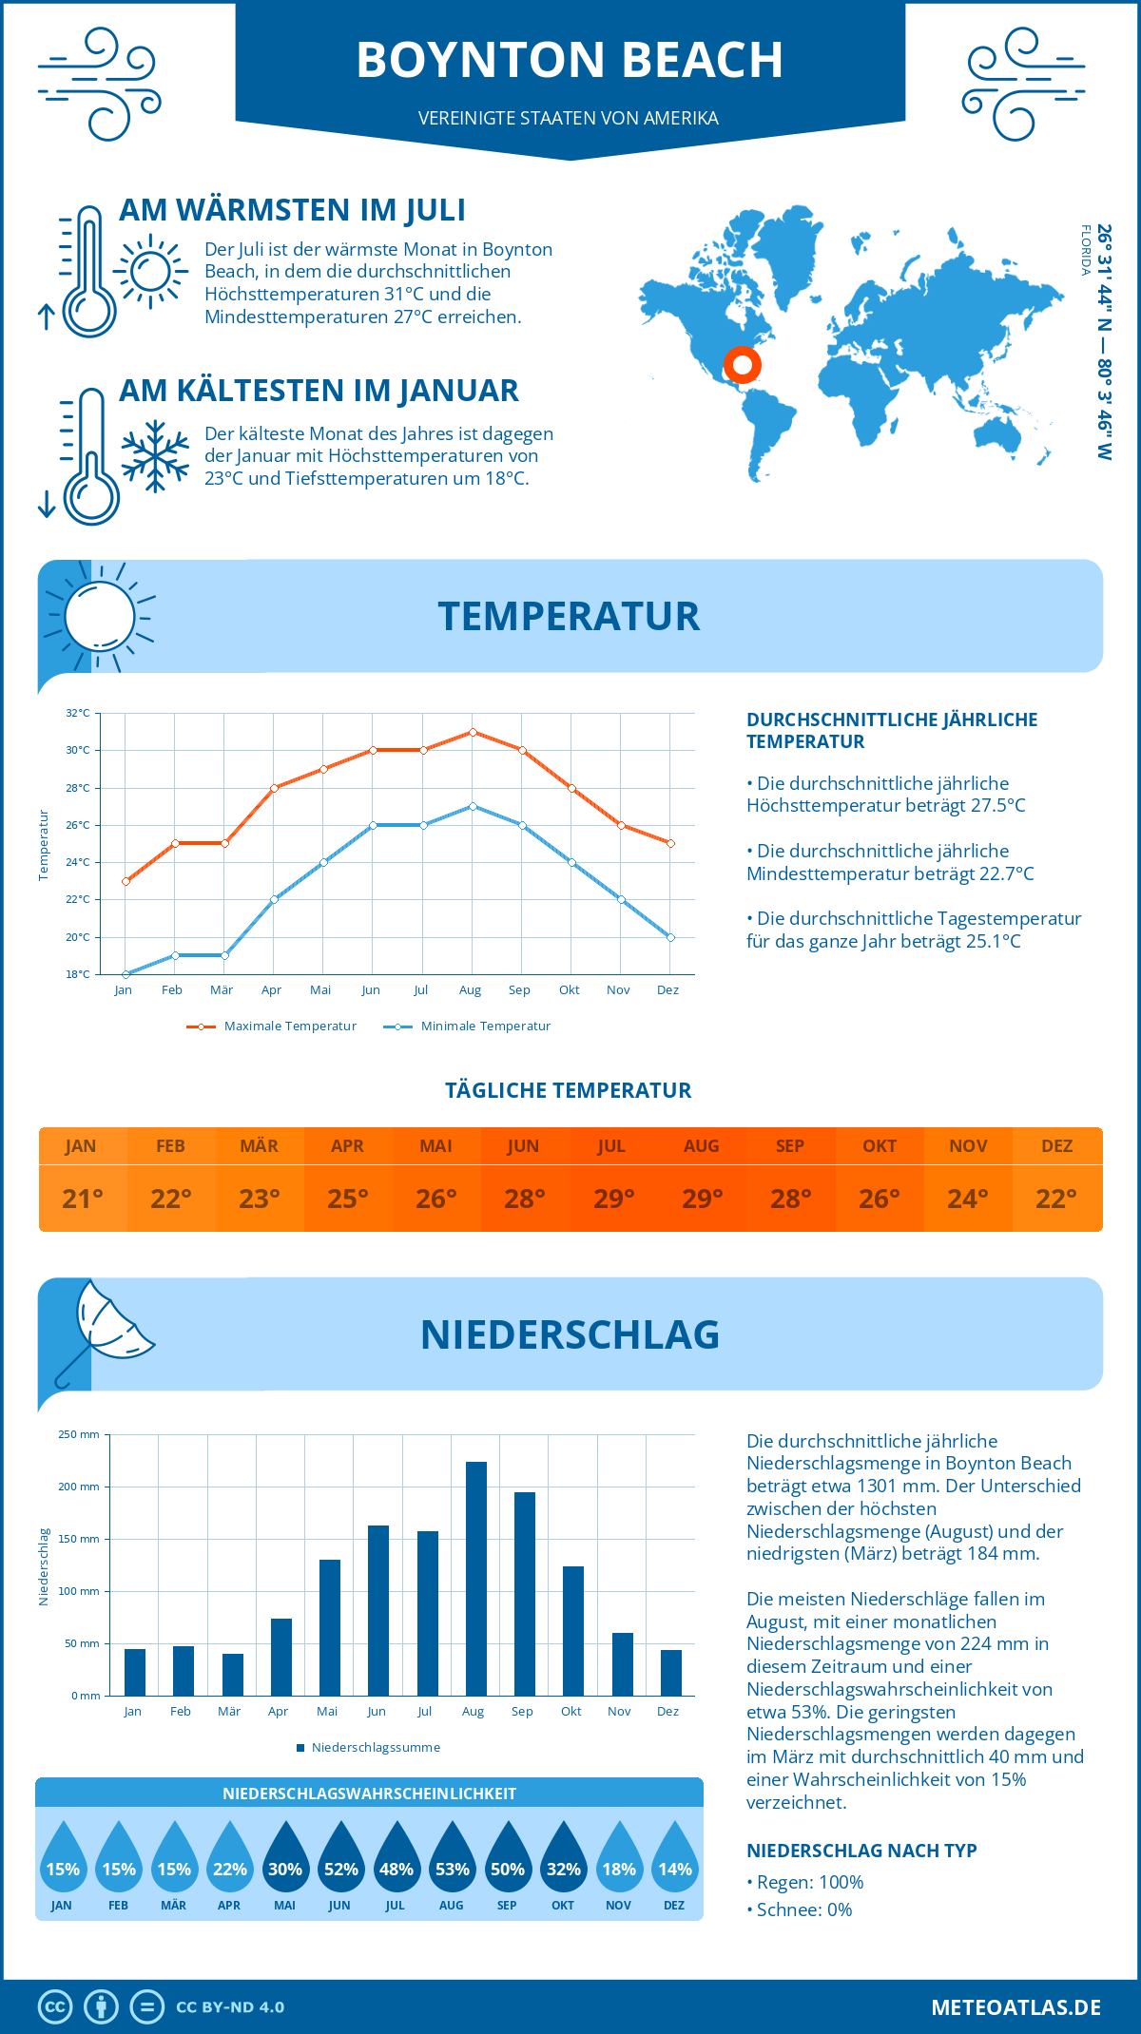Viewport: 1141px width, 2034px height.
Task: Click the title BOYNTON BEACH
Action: click(x=570, y=60)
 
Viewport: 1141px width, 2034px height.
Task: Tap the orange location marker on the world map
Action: click(x=742, y=365)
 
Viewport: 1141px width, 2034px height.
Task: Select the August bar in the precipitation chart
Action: click(x=475, y=1578)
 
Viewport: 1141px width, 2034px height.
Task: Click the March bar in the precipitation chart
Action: click(x=232, y=1674)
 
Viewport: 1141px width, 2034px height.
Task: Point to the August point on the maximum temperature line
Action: click(x=473, y=732)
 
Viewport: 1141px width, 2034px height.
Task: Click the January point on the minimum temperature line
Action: click(x=126, y=974)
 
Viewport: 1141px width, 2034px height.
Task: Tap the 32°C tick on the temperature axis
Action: click(x=78, y=713)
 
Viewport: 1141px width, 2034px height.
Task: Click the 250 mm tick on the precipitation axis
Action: click(x=79, y=1434)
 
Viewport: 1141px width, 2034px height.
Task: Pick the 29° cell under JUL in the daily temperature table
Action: click(x=613, y=1199)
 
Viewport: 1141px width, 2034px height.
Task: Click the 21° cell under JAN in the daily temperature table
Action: click(x=83, y=1199)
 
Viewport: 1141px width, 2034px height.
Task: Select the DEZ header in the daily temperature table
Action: click(x=1056, y=1146)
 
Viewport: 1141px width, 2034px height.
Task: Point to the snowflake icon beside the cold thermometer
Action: click(x=155, y=455)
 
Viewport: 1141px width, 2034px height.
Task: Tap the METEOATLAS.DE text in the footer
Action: click(x=1015, y=2007)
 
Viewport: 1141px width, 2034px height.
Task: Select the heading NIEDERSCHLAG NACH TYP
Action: click(x=861, y=1851)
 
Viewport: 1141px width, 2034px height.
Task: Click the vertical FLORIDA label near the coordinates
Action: click(x=1085, y=250)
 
